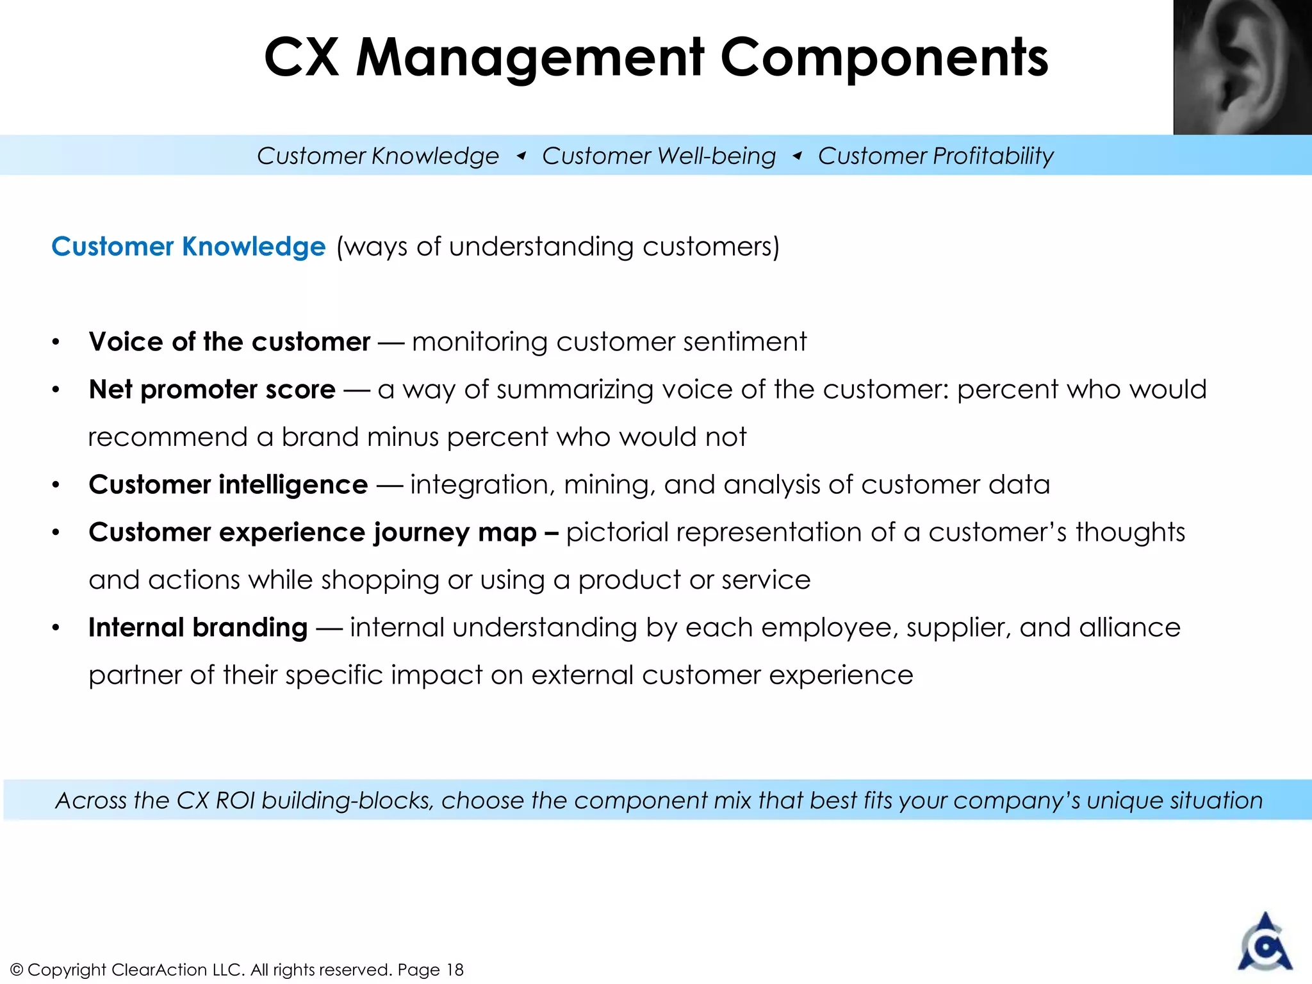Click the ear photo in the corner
pos(1242,67)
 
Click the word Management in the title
pos(530,58)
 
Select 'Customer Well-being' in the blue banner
pos(659,156)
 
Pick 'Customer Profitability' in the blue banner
pos(935,156)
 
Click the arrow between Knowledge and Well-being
pos(521,156)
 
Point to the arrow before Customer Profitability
pos(797,156)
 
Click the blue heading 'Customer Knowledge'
pos(188,247)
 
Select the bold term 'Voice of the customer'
pos(229,341)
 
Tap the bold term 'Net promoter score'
pos(212,389)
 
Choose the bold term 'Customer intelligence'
pos(228,485)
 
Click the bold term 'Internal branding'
pos(198,628)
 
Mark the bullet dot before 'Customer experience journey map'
pos(56,533)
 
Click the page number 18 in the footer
pos(455,970)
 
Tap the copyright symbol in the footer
pos(17,970)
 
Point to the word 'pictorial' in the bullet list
pos(616,532)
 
